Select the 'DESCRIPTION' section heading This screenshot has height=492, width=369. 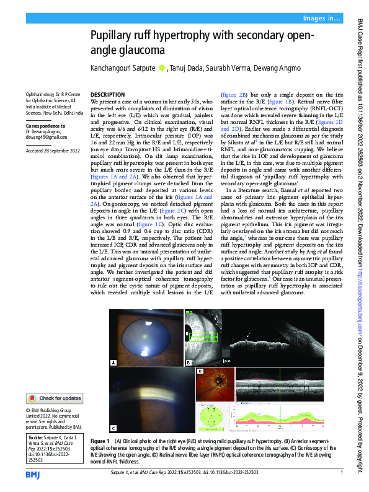pos(108,92)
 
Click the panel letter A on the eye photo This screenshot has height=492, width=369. pos(113,362)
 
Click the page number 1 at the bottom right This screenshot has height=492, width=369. pos(342,475)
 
